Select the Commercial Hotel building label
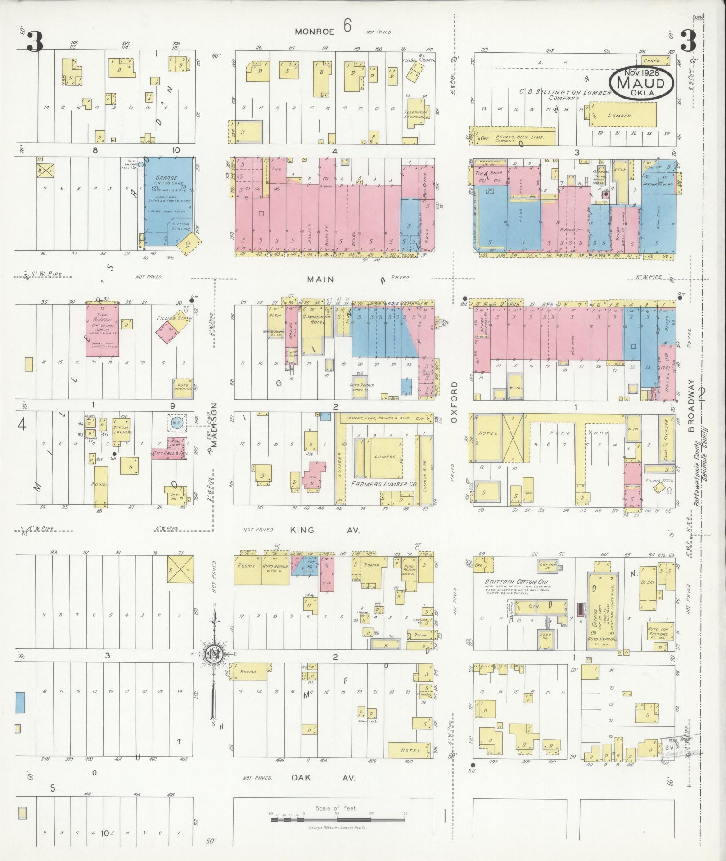(x=316, y=320)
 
